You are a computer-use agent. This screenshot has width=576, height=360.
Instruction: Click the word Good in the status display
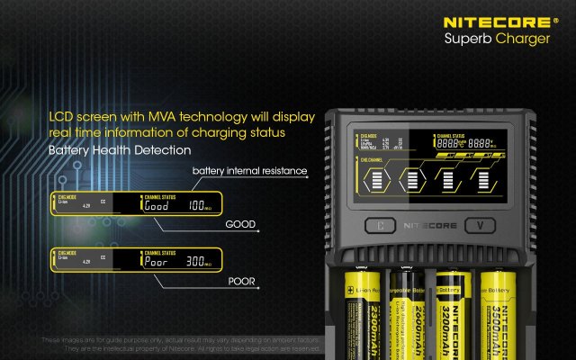(157, 207)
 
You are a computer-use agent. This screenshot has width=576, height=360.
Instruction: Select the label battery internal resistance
(250, 171)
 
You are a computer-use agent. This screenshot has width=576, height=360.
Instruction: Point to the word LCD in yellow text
(60, 117)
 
